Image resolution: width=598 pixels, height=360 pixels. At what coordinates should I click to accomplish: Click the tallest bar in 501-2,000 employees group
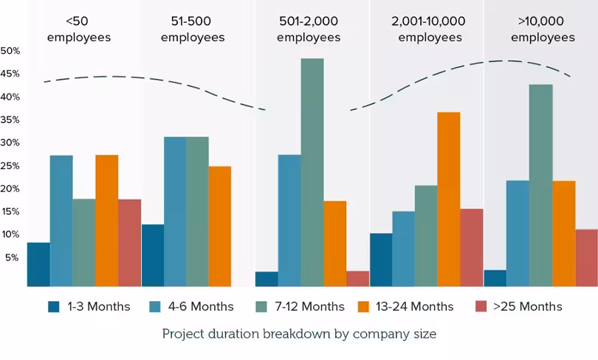click(x=312, y=172)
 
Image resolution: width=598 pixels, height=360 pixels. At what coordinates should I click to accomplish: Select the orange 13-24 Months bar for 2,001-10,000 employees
click(x=449, y=199)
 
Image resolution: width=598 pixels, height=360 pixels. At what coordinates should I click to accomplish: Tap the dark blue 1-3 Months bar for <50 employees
click(x=38, y=264)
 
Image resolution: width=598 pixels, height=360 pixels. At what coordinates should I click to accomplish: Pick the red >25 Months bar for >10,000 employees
click(x=587, y=258)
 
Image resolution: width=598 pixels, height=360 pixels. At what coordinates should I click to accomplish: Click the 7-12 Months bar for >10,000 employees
click(x=541, y=185)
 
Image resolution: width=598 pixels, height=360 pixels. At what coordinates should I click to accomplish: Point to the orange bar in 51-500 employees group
click(x=220, y=226)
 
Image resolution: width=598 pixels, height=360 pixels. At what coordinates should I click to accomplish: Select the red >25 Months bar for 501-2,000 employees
click(x=358, y=279)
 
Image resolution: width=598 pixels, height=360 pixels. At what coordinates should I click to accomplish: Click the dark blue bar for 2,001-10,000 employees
click(x=381, y=260)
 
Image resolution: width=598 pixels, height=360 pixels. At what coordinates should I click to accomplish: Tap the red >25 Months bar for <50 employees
click(x=130, y=243)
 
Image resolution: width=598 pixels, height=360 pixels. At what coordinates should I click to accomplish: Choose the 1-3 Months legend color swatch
click(x=54, y=307)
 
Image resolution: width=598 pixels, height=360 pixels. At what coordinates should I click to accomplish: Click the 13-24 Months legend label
click(x=415, y=306)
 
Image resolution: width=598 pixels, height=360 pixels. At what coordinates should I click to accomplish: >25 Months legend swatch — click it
click(x=481, y=306)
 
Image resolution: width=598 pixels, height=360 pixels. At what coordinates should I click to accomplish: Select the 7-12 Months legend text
click(x=309, y=306)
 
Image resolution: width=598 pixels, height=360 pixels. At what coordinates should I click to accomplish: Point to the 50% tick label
click(x=10, y=51)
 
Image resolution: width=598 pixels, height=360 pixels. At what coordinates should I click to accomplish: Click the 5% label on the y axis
click(x=12, y=258)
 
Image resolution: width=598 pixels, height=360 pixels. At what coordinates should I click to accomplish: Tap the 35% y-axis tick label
click(x=10, y=120)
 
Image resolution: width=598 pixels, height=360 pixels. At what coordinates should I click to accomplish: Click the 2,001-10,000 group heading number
click(x=428, y=21)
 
